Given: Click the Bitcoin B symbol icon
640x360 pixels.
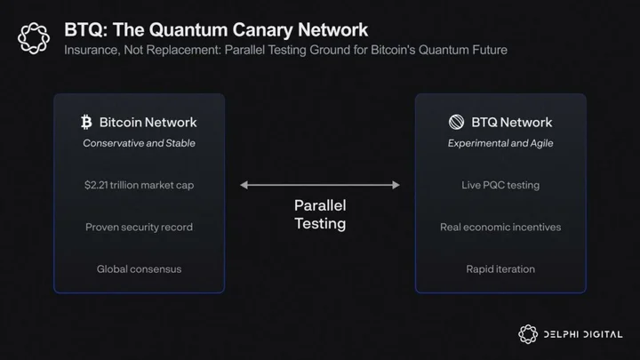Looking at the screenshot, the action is tap(86, 122).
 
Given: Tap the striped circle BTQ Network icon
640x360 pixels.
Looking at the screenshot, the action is tap(456, 122).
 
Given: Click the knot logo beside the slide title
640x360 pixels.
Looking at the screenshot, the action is tap(34, 38).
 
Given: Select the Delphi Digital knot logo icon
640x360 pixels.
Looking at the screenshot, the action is tap(528, 334).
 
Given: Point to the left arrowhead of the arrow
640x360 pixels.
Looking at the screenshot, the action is tap(244, 185).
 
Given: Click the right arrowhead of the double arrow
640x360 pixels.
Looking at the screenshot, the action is tap(396, 185).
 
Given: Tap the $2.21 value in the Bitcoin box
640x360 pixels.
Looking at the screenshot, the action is tap(96, 185).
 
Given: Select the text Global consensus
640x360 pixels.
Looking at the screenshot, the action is tap(140, 269).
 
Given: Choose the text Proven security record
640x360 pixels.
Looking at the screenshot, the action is tap(140, 227).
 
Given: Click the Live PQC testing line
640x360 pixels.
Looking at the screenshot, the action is tap(500, 185).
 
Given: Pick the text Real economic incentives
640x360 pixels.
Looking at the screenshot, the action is tap(500, 227).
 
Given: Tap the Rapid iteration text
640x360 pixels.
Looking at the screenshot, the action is tap(500, 269).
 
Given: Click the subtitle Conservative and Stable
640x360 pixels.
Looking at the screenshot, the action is tap(140, 143).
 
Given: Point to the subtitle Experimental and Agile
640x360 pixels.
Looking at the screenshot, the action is tap(500, 143).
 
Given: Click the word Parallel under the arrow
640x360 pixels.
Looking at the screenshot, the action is tap(320, 205).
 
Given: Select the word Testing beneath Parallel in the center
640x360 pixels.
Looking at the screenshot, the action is tap(320, 224).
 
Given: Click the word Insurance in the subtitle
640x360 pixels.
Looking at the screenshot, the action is tap(92, 50).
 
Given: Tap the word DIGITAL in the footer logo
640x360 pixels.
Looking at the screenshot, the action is tap(603, 334).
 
